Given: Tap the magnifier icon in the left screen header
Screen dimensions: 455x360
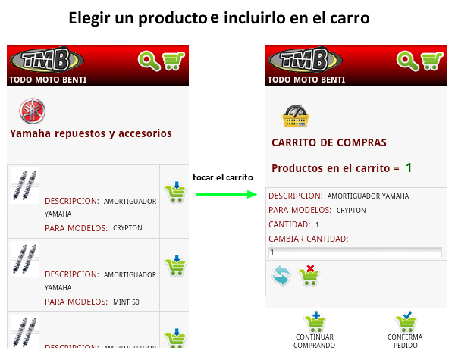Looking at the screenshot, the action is point(149,61).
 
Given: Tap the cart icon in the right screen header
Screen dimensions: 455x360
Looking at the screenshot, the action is point(432,61).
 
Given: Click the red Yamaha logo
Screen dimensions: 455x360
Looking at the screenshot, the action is point(33,111).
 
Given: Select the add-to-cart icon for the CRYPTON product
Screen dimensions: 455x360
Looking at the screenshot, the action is point(175,192).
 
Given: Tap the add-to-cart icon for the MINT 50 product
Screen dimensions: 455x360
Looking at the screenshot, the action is point(175,265).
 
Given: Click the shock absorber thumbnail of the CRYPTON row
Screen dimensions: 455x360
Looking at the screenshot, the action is point(24,186).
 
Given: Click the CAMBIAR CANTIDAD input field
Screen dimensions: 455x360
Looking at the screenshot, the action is point(355,252).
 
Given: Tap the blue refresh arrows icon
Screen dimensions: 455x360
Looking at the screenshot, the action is point(281,275).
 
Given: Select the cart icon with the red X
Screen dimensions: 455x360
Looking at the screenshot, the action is point(309,275).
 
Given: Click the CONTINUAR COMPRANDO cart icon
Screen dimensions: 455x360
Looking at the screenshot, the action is point(315,321).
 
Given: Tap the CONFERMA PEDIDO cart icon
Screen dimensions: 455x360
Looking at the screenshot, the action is point(406,321).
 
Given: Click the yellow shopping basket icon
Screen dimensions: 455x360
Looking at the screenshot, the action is point(296,116).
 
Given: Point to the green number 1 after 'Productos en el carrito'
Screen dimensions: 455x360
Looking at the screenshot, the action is point(409,167).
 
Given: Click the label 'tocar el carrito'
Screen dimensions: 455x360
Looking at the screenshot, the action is point(223,177).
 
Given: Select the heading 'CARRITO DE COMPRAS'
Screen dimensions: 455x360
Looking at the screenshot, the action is point(329,142).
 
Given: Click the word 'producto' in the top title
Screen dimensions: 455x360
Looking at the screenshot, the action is point(173,18).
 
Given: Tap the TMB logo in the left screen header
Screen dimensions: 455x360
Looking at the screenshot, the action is point(47,59).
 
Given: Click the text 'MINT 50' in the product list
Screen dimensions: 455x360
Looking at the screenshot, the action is point(126,302).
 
